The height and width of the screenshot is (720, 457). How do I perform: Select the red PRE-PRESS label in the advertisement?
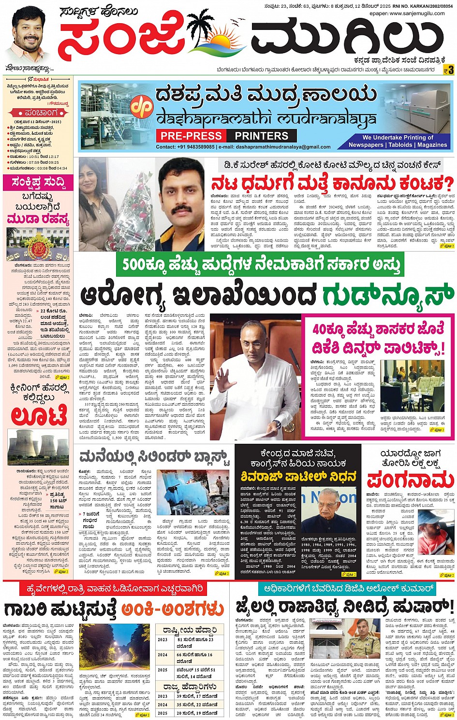192,136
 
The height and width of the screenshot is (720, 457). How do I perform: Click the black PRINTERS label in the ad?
261,136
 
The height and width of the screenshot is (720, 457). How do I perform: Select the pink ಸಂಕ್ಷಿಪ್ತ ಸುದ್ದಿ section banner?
38,183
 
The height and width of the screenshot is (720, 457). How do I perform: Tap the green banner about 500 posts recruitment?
261,265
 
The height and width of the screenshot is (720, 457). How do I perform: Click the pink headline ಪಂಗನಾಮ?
409,480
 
